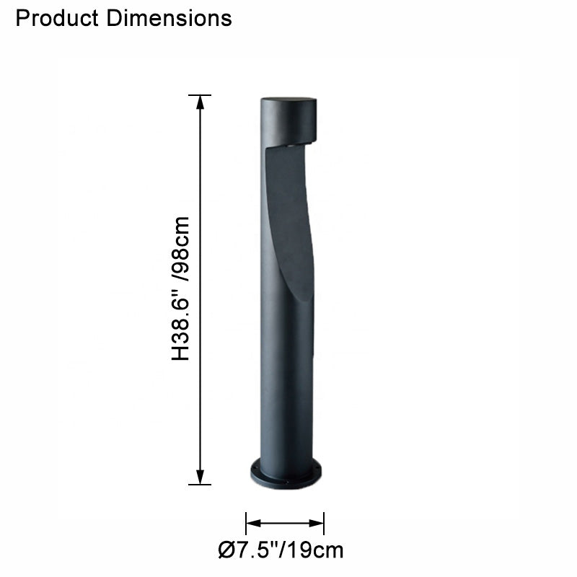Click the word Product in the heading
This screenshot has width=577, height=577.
(58, 17)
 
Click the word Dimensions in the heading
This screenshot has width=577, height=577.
(169, 17)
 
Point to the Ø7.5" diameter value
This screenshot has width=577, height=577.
(250, 551)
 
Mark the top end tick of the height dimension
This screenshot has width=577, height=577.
(200, 95)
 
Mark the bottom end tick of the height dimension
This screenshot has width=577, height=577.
(200, 484)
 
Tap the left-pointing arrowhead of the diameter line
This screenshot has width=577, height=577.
(252, 523)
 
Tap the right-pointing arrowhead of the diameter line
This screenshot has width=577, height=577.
(317, 523)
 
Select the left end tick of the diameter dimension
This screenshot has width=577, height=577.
(247, 523)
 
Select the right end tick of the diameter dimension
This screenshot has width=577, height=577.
(324, 523)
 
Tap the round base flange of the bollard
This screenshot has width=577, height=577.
(286, 476)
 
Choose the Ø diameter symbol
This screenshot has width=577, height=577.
(225, 551)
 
